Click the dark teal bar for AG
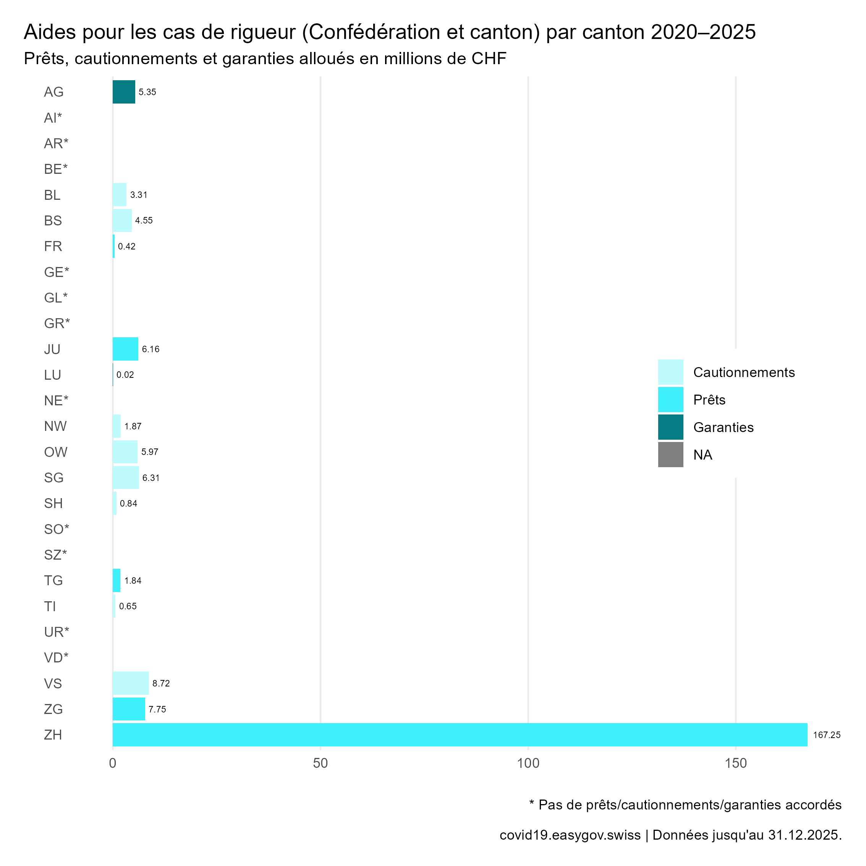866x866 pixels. (124, 92)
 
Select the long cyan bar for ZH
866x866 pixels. (460, 735)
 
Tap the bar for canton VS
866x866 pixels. (130, 683)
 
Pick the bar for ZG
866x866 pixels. (129, 709)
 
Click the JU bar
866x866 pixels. (126, 349)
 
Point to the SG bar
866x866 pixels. (126, 478)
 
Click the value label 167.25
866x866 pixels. (827, 735)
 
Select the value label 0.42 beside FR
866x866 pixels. (126, 246)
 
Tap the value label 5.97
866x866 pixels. (150, 452)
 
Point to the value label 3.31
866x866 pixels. (139, 195)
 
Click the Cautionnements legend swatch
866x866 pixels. (670, 372)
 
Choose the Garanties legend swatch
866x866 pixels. (670, 427)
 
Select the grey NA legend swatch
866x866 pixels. (670, 455)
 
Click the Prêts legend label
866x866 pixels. (709, 400)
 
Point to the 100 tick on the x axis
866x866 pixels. (528, 763)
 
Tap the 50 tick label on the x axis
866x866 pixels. (321, 763)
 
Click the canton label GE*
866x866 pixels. (57, 272)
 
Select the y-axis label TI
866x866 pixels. (50, 607)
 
